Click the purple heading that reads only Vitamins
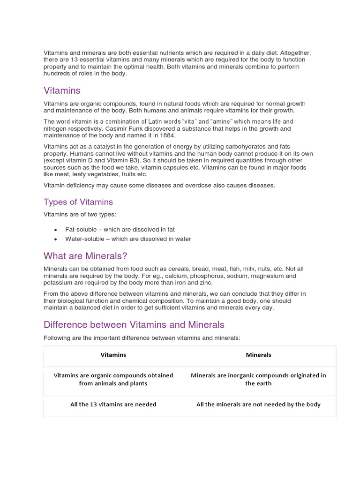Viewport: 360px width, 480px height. pos(62,90)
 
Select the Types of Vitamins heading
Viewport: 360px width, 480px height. pos(78,202)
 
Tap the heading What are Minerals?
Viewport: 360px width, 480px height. pos(85,256)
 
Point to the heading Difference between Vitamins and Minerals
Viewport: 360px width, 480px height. pos(134,324)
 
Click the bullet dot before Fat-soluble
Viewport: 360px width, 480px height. pos(56,230)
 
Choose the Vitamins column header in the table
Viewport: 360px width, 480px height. pos(113,355)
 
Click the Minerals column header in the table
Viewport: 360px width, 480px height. pos(259,355)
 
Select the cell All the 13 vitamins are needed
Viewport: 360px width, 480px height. pos(113,404)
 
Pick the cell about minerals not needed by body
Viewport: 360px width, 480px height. pos(259,404)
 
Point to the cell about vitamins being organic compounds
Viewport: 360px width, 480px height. pos(113,379)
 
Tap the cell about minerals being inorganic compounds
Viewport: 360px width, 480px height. pos(259,379)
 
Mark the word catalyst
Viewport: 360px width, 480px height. pos(100,147)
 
